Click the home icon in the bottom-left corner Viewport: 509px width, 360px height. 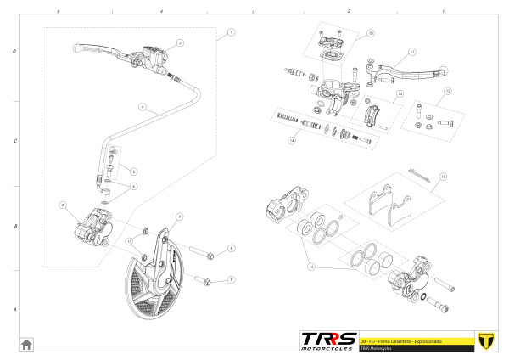click(26, 344)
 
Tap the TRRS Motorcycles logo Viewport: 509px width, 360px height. click(327, 340)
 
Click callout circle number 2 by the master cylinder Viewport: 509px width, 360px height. click(180, 42)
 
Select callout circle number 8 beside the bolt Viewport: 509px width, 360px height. click(231, 249)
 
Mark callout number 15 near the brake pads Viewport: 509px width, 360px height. click(442, 177)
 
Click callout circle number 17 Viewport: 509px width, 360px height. click(129, 241)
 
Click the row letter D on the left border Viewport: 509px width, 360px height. click(15, 51)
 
